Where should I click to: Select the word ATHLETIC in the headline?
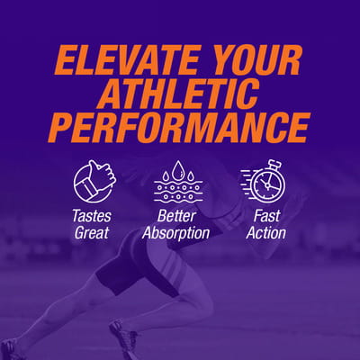[x=179, y=94]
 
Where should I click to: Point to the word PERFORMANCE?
[x=178, y=128]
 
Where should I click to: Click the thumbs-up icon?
[x=94, y=182]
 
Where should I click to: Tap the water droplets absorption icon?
[x=178, y=182]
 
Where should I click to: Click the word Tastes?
[x=92, y=216]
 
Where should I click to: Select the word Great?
[x=92, y=233]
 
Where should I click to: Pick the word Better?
[x=176, y=216]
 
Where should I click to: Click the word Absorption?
[x=176, y=233]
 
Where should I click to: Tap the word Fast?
[x=266, y=216]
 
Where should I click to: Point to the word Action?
[x=266, y=233]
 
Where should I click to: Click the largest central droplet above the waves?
[x=178, y=168]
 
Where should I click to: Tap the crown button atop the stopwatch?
[x=275, y=165]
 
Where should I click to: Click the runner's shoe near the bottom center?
[x=123, y=336]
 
